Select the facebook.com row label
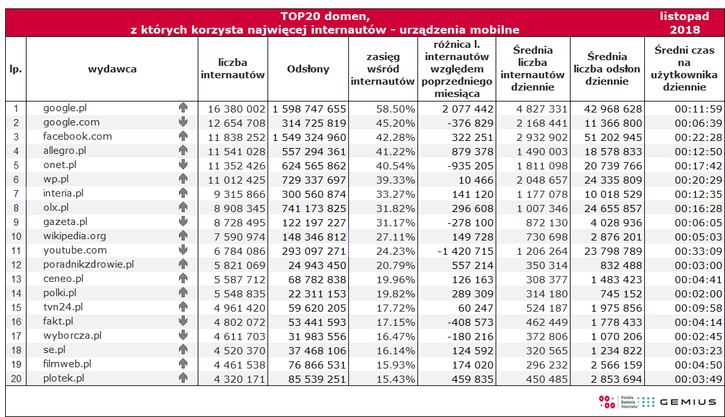[x=78, y=136]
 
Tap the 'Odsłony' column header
[x=308, y=69]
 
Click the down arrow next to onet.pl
[x=183, y=165]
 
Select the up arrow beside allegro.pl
[x=183, y=151]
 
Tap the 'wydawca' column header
[x=112, y=69]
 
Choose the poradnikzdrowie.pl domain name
[x=89, y=264]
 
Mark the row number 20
[x=16, y=378]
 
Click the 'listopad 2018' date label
[x=684, y=23]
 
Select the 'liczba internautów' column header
[x=233, y=69]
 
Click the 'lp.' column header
[x=16, y=69]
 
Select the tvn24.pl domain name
[x=63, y=307]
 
